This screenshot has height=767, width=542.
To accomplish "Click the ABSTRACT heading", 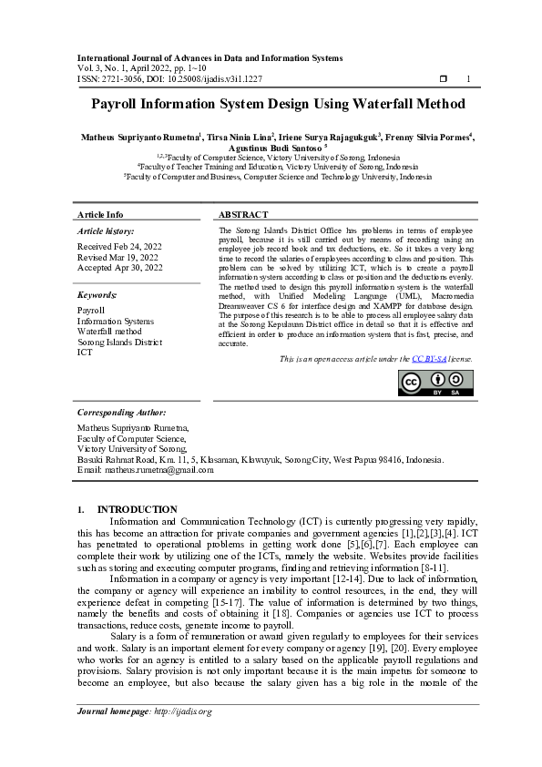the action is [x=243, y=215].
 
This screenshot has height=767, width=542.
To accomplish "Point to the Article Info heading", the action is [x=100, y=215].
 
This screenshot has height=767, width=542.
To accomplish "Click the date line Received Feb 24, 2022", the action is [x=120, y=247].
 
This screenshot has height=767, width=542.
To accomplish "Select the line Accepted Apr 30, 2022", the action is [x=120, y=268].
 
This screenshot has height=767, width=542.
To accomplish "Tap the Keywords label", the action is [x=97, y=295].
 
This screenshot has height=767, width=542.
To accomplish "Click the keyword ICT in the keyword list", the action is [x=85, y=352].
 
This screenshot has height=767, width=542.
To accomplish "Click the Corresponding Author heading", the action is [x=121, y=413].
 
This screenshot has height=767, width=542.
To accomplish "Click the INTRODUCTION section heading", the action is [x=137, y=509].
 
